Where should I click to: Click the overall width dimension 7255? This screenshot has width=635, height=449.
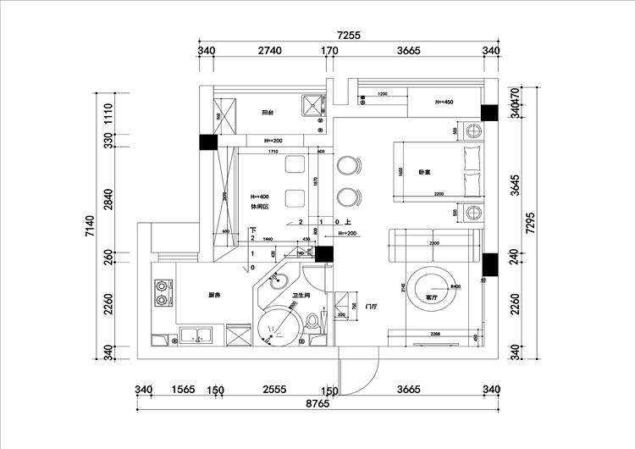[349, 36]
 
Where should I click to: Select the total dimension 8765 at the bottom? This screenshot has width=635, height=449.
[318, 405]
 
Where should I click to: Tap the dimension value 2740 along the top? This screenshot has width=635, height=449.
[268, 51]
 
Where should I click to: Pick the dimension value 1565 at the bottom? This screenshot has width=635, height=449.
[181, 390]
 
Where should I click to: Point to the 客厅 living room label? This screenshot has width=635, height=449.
[432, 298]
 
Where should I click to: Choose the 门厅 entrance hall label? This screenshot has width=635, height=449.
[370, 306]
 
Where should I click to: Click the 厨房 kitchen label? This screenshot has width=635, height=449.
[214, 296]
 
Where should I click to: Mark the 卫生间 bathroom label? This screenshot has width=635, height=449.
[301, 296]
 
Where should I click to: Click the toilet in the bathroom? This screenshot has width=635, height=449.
[315, 323]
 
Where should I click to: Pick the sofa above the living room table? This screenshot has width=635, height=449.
[434, 247]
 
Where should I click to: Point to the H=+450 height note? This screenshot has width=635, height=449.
[444, 103]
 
